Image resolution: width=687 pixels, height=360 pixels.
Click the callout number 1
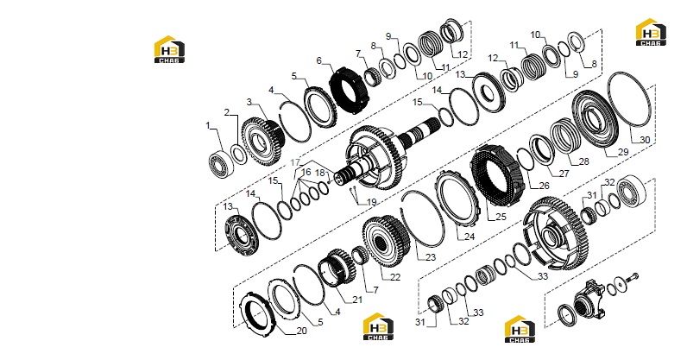pos(209,126)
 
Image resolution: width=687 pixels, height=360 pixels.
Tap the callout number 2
pos(227,113)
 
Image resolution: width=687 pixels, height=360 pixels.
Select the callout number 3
pos(249,102)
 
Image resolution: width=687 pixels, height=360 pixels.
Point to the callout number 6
pos(319,60)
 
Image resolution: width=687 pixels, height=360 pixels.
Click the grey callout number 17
pos(297,162)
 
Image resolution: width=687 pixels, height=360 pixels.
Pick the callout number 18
pos(320,174)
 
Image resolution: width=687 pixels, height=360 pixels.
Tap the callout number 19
pos(371,203)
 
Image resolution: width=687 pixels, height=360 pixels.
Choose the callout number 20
pos(301,331)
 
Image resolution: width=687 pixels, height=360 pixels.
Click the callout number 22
pos(395,277)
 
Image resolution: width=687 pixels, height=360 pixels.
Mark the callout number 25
pos(501,217)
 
